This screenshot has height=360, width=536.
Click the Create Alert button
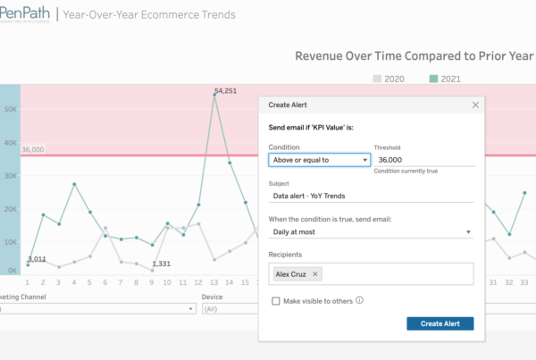[440, 323]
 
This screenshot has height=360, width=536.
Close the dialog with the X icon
[475, 105]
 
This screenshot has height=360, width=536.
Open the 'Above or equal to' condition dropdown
[319, 160]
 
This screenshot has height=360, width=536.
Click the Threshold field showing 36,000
[423, 160]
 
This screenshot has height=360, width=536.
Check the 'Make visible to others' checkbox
[276, 301]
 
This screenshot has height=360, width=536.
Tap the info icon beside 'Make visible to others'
[359, 300]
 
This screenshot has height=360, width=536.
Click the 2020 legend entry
[388, 79]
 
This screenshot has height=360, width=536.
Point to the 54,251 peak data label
[226, 90]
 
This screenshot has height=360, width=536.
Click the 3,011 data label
[37, 259]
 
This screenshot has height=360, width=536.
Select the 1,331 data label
[161, 264]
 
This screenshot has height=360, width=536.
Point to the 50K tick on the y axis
[11, 110]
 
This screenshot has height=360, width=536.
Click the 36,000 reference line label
[32, 150]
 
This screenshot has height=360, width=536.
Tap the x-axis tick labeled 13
[214, 282]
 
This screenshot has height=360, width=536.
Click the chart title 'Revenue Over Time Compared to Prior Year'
[415, 56]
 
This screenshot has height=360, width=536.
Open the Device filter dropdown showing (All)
[228, 309]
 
